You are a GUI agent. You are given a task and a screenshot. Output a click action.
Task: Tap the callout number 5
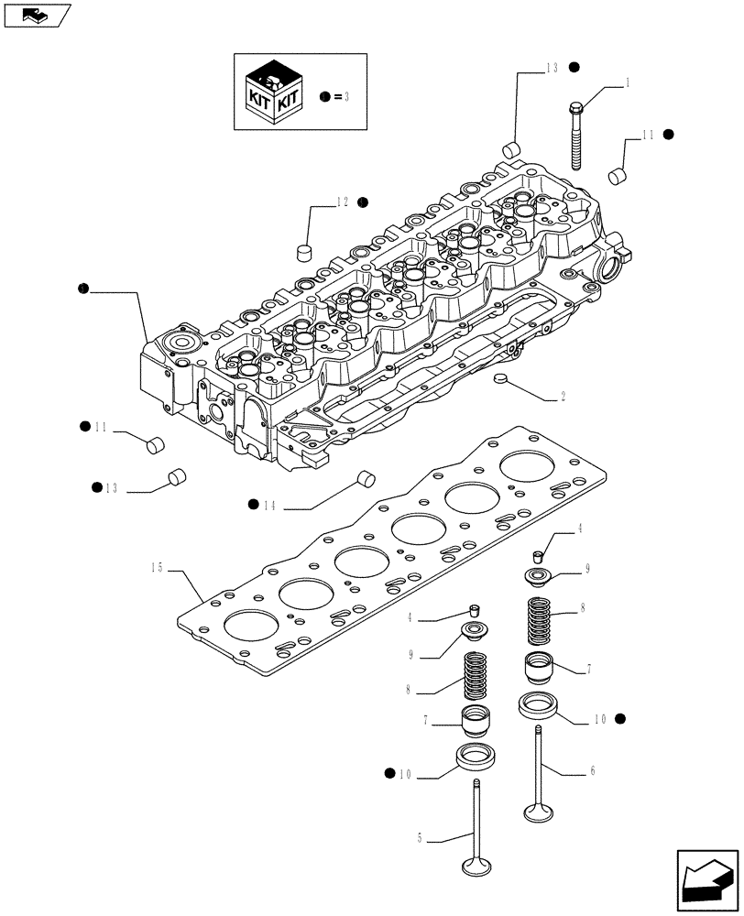[420, 836]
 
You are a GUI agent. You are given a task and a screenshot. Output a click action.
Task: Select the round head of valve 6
[536, 811]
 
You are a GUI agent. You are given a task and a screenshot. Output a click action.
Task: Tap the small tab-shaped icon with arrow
[36, 15]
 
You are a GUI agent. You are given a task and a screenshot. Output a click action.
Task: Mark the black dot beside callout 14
[252, 504]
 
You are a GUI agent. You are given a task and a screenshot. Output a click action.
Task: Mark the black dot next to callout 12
[362, 202]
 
